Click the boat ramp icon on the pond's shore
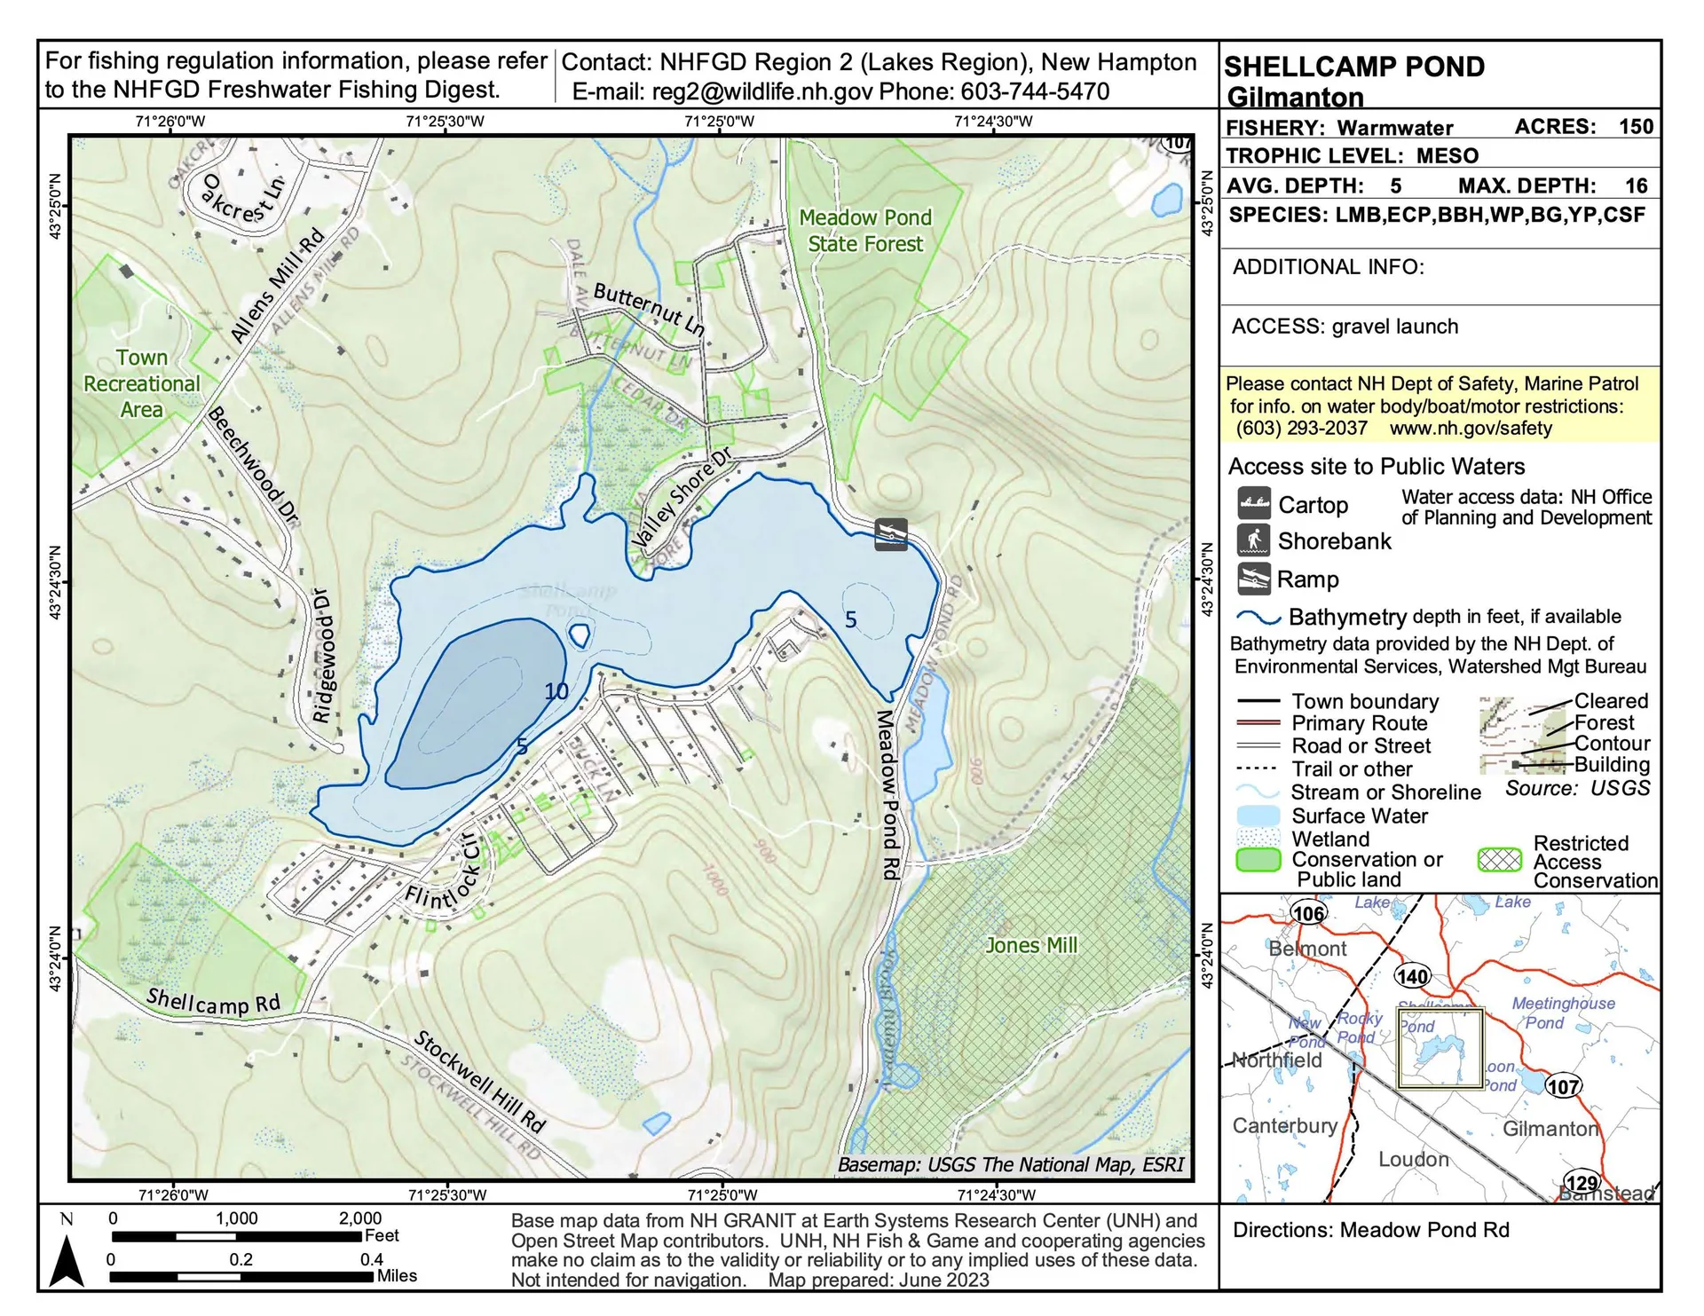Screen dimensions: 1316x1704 pyautogui.click(x=890, y=534)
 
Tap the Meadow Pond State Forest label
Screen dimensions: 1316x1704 pyautogui.click(x=864, y=231)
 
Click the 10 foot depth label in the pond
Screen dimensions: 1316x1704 pyautogui.click(x=556, y=691)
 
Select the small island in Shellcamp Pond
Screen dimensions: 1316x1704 pyautogui.click(x=579, y=634)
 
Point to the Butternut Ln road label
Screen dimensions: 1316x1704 pyautogui.click(x=649, y=309)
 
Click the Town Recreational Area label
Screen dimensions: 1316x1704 pyautogui.click(x=142, y=383)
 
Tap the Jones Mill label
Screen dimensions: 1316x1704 pyautogui.click(x=1031, y=945)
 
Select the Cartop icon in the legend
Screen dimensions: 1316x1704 pyautogui.click(x=1254, y=504)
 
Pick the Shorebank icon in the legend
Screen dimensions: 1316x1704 pyautogui.click(x=1254, y=540)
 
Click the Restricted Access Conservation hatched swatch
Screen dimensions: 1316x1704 pyautogui.click(x=1500, y=860)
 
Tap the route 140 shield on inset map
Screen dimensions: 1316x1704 pyautogui.click(x=1412, y=976)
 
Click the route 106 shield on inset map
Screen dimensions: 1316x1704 pyautogui.click(x=1307, y=913)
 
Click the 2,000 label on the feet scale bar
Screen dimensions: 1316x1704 pyautogui.click(x=360, y=1218)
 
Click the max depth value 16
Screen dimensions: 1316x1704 pyautogui.click(x=1636, y=185)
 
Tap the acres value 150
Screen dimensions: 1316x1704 pyautogui.click(x=1636, y=126)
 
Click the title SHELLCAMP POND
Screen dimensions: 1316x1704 pyautogui.click(x=1354, y=67)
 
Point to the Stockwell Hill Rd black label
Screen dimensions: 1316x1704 pyautogui.click(x=479, y=1082)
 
